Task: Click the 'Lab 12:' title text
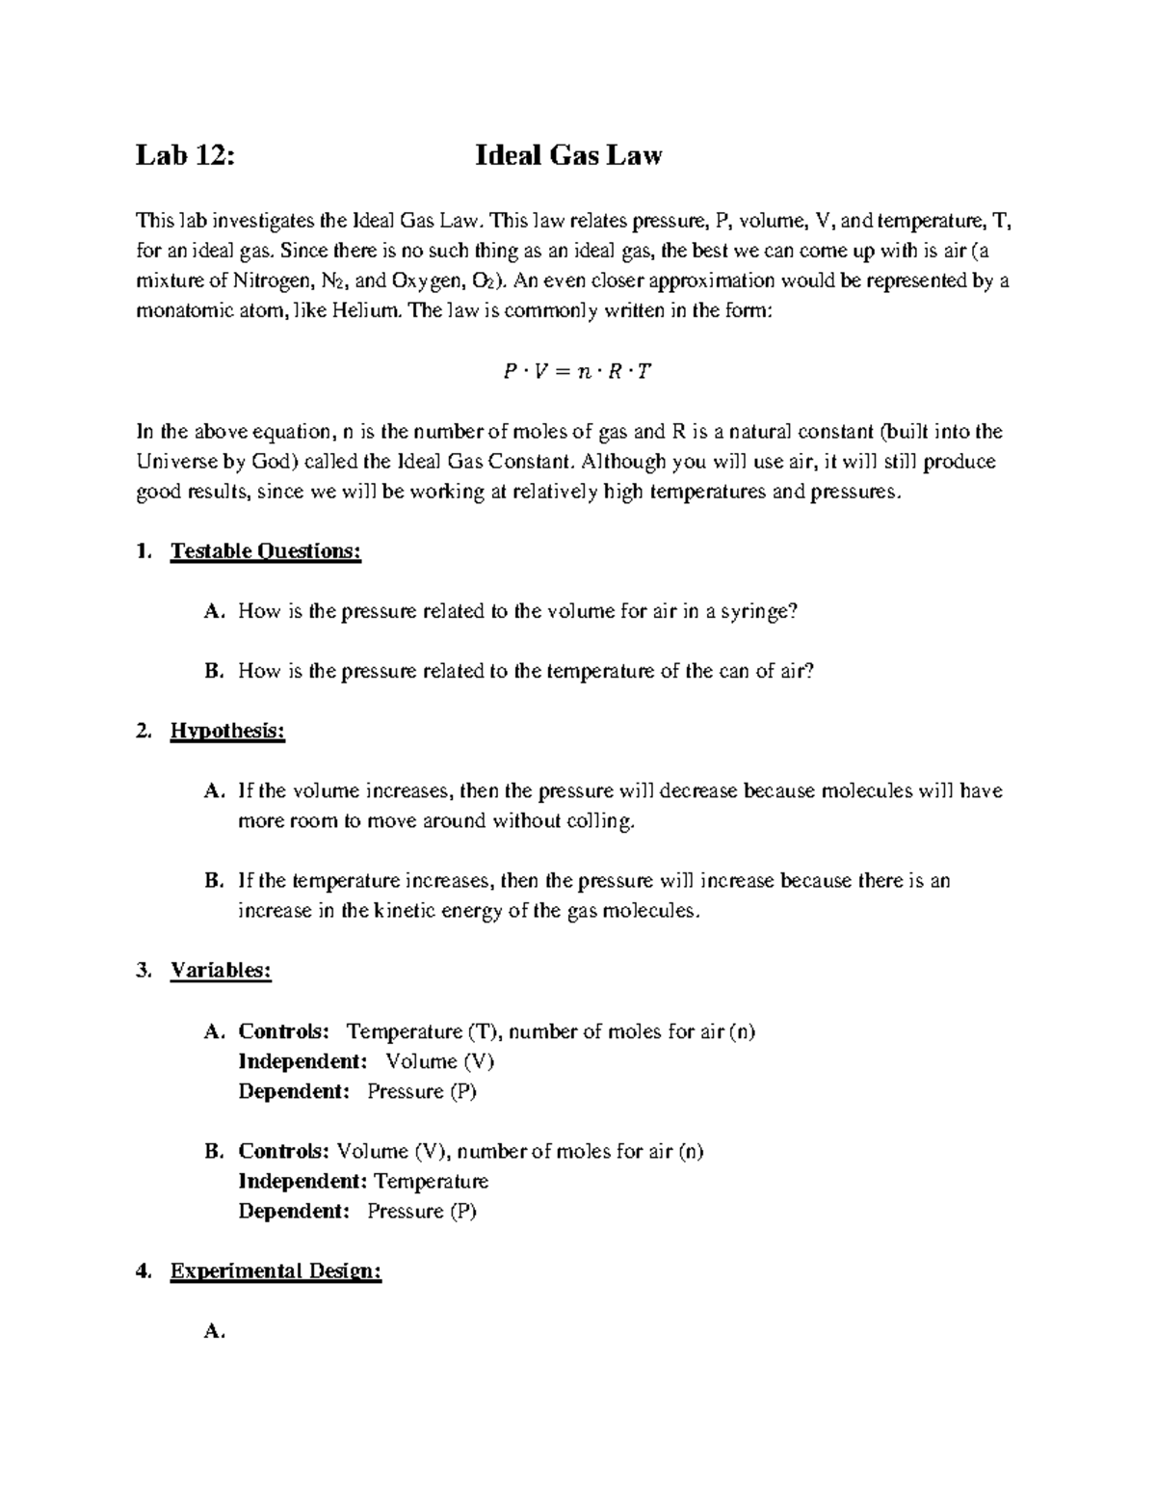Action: [x=186, y=155]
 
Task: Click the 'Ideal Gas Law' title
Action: [x=568, y=155]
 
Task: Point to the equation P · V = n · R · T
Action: [x=577, y=371]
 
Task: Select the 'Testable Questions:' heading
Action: [x=266, y=551]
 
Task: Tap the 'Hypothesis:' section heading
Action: [x=227, y=732]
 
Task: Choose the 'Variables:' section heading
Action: [x=221, y=971]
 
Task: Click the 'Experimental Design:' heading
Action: [x=276, y=1271]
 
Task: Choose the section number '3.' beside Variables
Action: [x=144, y=971]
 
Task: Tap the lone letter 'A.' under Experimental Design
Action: [x=214, y=1331]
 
